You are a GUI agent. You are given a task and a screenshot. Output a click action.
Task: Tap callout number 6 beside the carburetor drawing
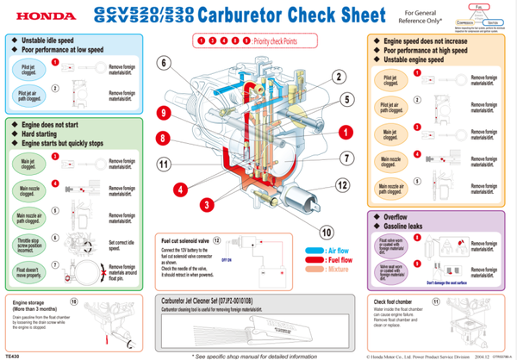[163, 63]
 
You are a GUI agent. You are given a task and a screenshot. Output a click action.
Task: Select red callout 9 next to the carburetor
[162, 113]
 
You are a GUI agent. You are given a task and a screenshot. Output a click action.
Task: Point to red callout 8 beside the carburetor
[162, 138]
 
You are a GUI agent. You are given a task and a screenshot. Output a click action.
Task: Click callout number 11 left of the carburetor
[162, 164]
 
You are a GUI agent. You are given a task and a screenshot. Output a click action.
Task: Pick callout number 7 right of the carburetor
[345, 158]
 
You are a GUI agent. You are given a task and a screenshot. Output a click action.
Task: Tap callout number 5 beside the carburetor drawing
[346, 99]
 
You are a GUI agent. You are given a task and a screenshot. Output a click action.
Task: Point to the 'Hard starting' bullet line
[42, 134]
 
